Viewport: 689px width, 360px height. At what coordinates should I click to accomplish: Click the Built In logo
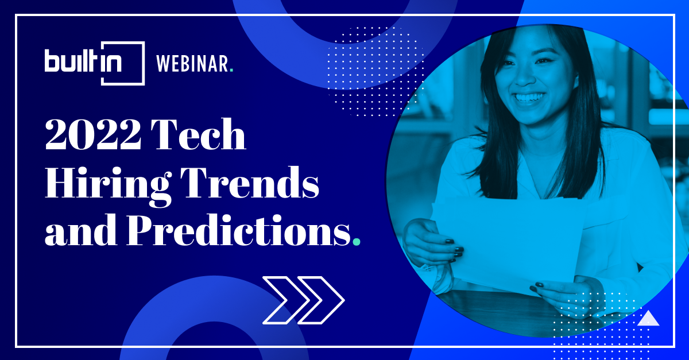[95, 63]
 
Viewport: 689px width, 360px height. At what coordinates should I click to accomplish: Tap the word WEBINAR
[192, 64]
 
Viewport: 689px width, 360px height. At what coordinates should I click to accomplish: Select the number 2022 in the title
[93, 134]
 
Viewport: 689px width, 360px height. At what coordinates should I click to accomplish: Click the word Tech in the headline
[199, 134]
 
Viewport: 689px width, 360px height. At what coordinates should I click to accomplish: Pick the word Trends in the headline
[249, 182]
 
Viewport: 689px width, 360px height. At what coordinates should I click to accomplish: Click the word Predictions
[239, 231]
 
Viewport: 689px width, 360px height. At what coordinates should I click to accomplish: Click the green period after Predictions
[357, 242]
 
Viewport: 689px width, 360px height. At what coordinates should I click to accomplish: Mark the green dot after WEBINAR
[231, 70]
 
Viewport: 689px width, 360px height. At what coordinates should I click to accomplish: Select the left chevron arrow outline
[286, 300]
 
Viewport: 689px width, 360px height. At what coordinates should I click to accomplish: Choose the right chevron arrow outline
[321, 300]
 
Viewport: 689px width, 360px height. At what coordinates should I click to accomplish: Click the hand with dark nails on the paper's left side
[433, 242]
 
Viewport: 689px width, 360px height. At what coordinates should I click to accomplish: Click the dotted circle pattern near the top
[376, 71]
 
